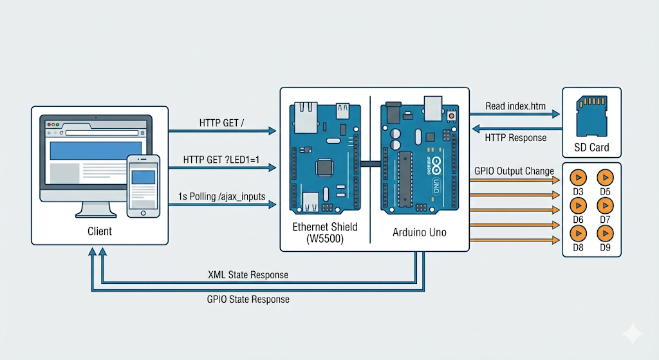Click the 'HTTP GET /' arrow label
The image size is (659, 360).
click(x=221, y=123)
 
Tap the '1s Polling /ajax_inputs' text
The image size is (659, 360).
click(x=221, y=196)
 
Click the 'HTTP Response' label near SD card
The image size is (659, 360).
click(x=515, y=137)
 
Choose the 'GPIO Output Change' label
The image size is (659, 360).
click(x=514, y=171)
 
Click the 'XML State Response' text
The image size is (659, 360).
click(x=248, y=275)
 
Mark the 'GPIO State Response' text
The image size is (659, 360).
click(x=248, y=299)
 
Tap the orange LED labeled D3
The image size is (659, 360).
click(x=578, y=176)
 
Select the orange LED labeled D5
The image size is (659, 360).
click(x=605, y=176)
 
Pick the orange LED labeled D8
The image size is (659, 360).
click(x=578, y=232)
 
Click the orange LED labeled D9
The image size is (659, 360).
click(x=605, y=232)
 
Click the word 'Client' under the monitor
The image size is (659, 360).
click(x=99, y=231)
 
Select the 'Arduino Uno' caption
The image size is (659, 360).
click(x=419, y=232)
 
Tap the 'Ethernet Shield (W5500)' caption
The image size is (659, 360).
click(x=325, y=232)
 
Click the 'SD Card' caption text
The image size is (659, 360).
click(x=592, y=147)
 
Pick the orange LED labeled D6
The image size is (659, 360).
click(x=578, y=205)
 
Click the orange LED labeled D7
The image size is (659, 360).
click(x=605, y=205)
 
